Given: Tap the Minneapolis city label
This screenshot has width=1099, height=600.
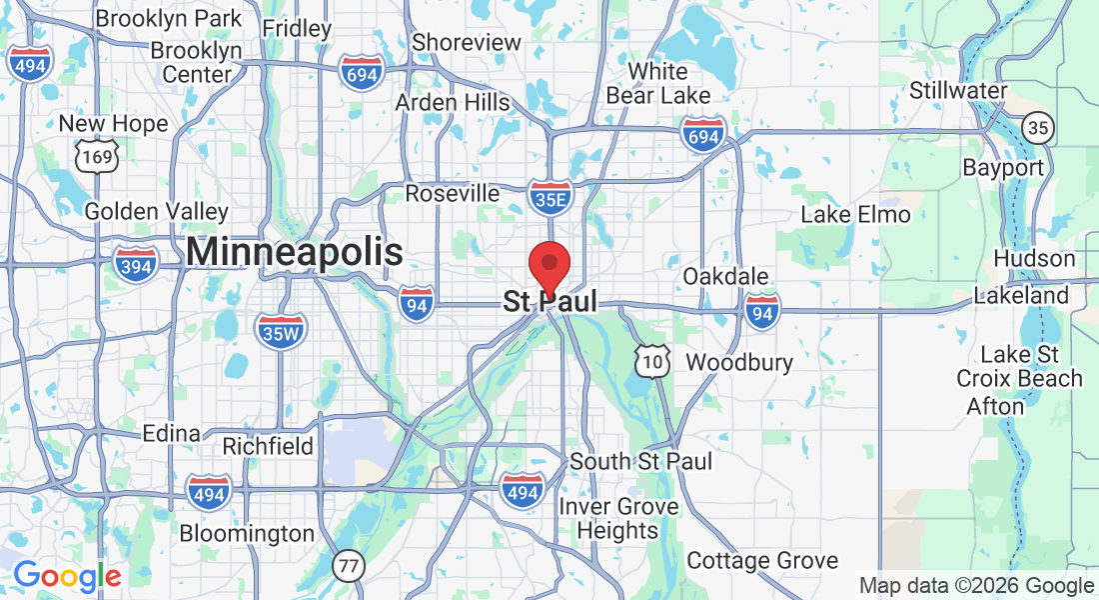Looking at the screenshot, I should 295,252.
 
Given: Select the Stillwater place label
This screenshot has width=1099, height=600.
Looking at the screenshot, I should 958,91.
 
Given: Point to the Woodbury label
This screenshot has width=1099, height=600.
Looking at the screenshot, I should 739,362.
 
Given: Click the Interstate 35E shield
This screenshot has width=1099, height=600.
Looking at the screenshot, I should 550,199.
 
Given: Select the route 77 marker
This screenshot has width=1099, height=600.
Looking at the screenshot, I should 348,566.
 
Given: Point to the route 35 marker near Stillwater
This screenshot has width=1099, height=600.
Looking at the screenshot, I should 1038,127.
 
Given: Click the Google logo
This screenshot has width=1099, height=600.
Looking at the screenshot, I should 67,576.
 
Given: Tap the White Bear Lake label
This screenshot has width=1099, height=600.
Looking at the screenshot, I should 658,84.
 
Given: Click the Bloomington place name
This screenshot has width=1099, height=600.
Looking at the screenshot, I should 247,534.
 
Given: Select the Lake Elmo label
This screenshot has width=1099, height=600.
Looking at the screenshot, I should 856,215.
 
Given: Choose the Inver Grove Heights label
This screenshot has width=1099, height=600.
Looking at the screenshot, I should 617,519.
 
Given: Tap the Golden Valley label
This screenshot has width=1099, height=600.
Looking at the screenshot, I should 156,212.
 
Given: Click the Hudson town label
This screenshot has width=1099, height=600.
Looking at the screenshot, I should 1034,259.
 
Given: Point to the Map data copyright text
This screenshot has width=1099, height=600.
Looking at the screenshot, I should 976,586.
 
